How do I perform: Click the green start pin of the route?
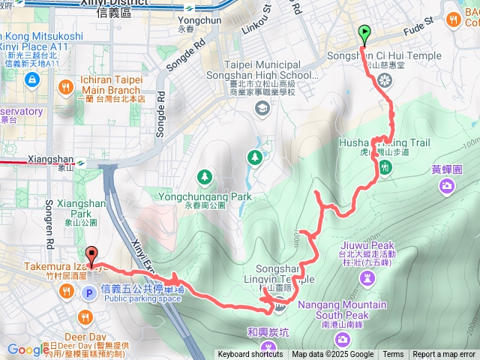[364, 34]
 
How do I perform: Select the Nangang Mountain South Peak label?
[343, 310]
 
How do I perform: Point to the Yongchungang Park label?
[204, 197]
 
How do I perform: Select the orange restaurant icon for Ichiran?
[66, 87]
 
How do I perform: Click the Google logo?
[28, 349]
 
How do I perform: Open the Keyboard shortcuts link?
[250, 355]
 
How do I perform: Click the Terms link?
[393, 355]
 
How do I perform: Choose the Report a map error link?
[444, 355]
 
